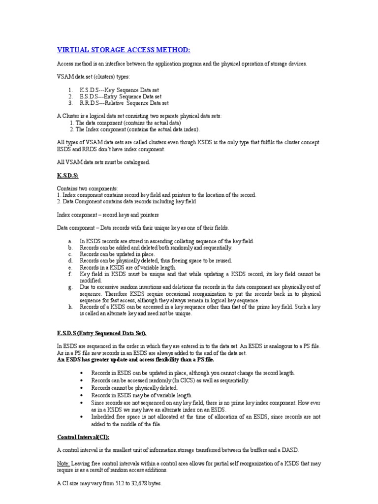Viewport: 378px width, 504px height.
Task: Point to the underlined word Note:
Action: tap(64, 463)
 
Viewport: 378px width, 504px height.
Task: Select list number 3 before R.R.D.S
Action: tap(70, 103)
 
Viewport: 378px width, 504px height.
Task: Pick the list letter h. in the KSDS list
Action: tap(70, 307)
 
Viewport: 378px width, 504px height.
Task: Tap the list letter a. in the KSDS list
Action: tap(70, 241)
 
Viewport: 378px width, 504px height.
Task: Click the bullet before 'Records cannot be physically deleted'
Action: tap(81, 388)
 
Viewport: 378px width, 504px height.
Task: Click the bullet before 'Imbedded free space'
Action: tap(81, 416)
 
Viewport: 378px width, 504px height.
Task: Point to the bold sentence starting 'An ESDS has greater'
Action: tap(136, 360)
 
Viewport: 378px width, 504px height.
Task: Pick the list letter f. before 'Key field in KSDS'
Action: tap(70, 274)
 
